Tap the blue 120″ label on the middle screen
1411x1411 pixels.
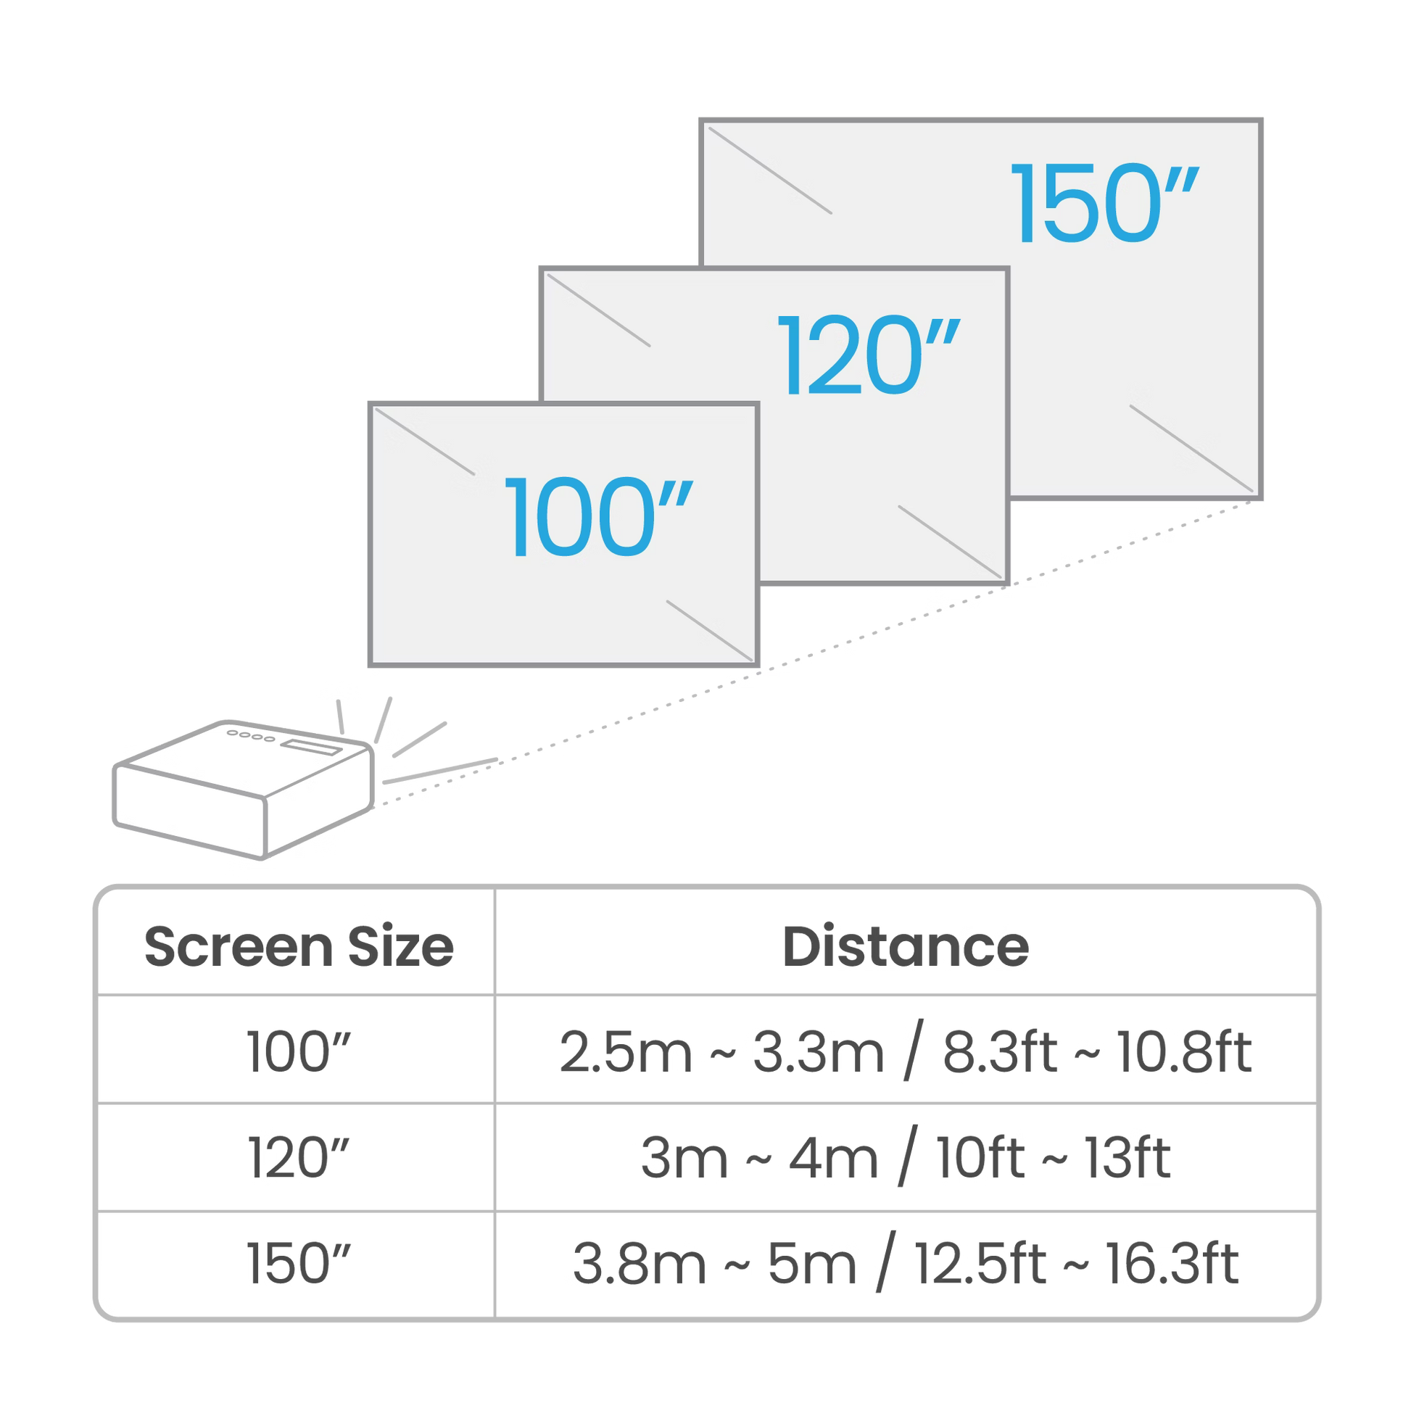point(868,356)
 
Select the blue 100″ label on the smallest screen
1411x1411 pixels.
point(597,517)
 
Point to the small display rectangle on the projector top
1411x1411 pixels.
point(312,746)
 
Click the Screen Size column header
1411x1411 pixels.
point(297,946)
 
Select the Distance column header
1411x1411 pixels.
point(906,946)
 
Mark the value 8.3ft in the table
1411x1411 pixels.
point(998,1053)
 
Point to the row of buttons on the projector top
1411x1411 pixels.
point(251,736)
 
